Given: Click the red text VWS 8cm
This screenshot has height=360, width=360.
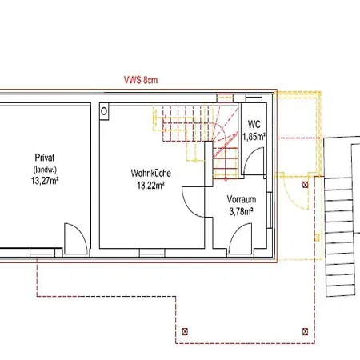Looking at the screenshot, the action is pyautogui.click(x=141, y=80).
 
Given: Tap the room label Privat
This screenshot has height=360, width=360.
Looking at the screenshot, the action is pyautogui.click(x=45, y=158).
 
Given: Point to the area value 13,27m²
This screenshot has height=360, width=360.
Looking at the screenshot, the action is pyautogui.click(x=45, y=181).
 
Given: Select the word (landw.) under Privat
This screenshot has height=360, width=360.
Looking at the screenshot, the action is pyautogui.click(x=45, y=170).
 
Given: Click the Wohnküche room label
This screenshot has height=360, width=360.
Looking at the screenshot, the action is pyautogui.click(x=150, y=173).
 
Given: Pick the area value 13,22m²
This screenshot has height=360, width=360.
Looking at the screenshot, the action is pyautogui.click(x=150, y=185).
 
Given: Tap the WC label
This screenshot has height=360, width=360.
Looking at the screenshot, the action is pyautogui.click(x=254, y=124).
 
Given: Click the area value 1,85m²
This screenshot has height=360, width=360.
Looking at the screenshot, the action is pyautogui.click(x=254, y=137).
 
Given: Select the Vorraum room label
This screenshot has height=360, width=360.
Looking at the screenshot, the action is pyautogui.click(x=242, y=199).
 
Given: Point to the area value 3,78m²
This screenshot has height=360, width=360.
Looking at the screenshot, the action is pyautogui.click(x=241, y=211).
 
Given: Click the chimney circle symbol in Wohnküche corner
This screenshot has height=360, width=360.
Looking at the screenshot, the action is pyautogui.click(x=104, y=111).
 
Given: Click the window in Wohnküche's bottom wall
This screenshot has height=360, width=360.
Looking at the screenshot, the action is pyautogui.click(x=152, y=253).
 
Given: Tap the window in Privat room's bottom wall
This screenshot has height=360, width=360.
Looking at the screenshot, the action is pyautogui.click(x=42, y=253).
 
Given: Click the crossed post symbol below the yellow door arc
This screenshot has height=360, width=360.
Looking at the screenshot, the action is pyautogui.click(x=306, y=185).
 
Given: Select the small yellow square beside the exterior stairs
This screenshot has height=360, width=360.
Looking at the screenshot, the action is pyautogui.click(x=317, y=238).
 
